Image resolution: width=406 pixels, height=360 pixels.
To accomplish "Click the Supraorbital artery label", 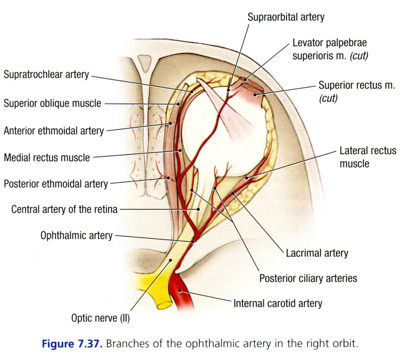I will [x=286, y=17].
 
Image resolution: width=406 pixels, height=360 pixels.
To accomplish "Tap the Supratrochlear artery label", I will [x=46, y=74].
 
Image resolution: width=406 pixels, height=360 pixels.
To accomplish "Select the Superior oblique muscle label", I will [x=52, y=103].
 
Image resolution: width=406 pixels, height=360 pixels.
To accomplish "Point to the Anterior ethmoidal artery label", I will [x=54, y=130].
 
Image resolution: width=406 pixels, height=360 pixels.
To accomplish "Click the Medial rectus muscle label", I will [x=47, y=157].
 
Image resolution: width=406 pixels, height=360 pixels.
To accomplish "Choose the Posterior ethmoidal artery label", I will [x=56, y=184].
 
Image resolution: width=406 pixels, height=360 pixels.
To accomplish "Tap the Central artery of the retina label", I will [x=64, y=209].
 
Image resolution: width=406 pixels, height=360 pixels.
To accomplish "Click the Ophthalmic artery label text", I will [x=76, y=235].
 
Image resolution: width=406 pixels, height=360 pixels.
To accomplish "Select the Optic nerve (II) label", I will [x=100, y=318].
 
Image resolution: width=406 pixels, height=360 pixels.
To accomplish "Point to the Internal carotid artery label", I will [x=278, y=303].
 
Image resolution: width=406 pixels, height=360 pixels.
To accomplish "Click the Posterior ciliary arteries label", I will [x=308, y=278].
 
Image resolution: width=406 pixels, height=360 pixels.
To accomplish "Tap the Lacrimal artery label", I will [x=317, y=253].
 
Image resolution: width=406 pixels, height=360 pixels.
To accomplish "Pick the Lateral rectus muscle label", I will [x=368, y=157].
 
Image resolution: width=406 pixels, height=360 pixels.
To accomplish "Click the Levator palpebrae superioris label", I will [x=329, y=49].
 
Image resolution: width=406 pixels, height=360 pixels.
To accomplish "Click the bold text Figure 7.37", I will [x=71, y=344].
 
